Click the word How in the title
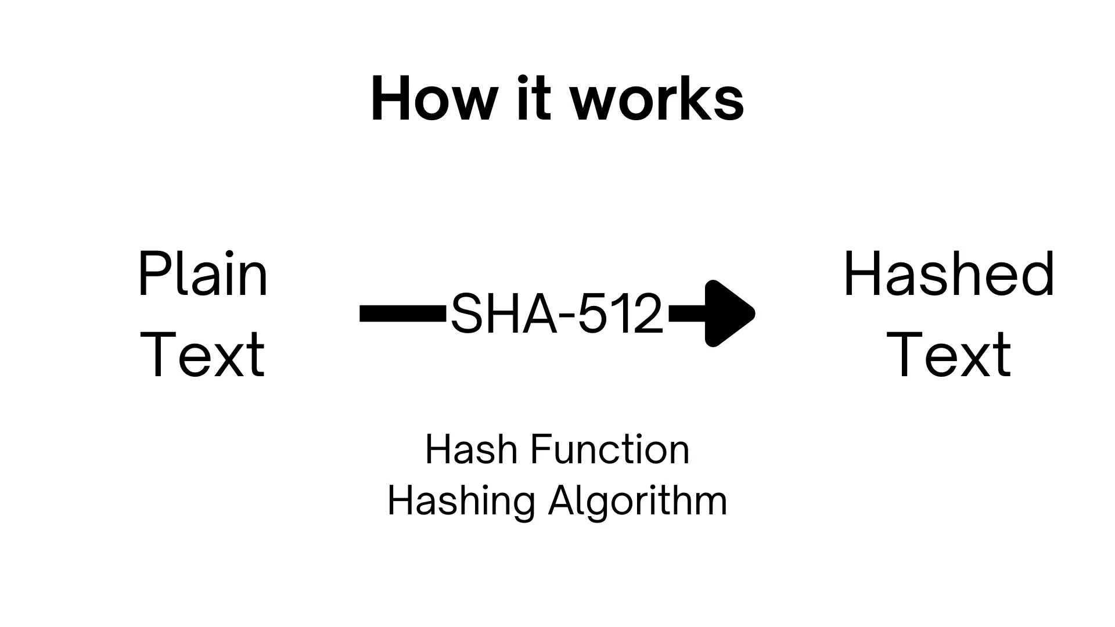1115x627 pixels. [434, 99]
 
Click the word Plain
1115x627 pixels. [203, 273]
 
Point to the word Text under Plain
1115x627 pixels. [203, 354]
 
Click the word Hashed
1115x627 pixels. [949, 273]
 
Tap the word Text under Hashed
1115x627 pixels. [949, 354]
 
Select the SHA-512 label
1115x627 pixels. [556, 313]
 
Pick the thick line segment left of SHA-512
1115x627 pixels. [403, 313]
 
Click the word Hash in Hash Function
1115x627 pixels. [470, 450]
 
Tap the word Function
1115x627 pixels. [610, 450]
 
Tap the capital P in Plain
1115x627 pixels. [153, 274]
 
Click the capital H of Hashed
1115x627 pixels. [861, 274]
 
